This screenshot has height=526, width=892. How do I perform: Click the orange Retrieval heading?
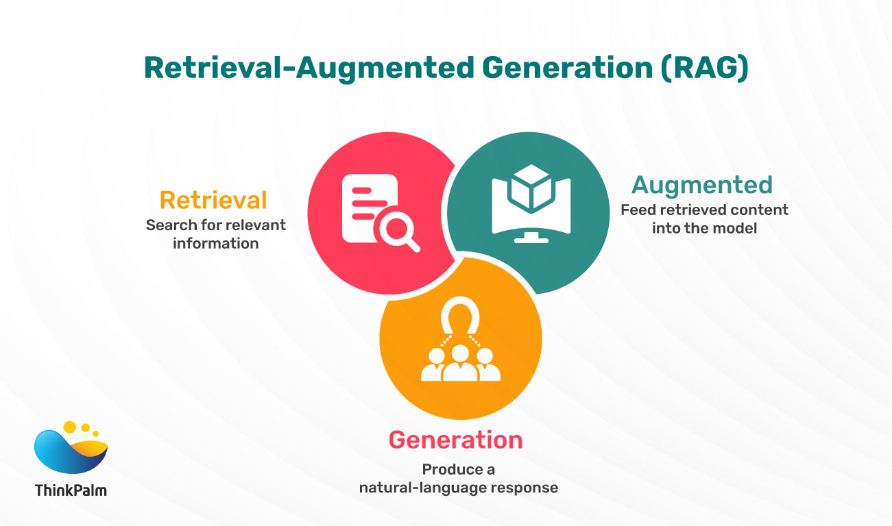pyautogui.click(x=213, y=200)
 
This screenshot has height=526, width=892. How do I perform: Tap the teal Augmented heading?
pyautogui.click(x=702, y=185)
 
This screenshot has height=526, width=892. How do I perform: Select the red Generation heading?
pyautogui.click(x=455, y=440)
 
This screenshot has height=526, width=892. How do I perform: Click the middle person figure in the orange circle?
pyautogui.click(x=460, y=363)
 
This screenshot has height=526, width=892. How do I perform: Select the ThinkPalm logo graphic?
pyautogui.click(x=71, y=449)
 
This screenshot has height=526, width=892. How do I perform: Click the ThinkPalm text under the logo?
pyautogui.click(x=71, y=490)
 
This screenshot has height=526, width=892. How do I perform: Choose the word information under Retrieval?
pyautogui.click(x=215, y=243)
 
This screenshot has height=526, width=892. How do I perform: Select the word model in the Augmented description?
pyautogui.click(x=738, y=228)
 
